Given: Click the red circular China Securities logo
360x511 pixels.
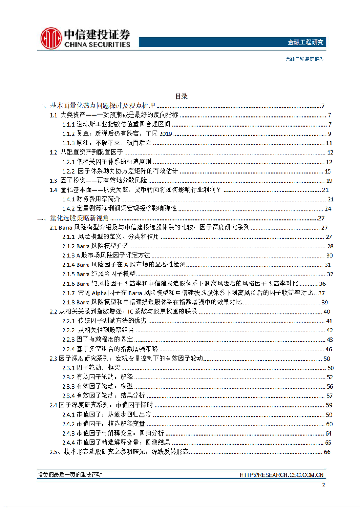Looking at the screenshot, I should point(51,38).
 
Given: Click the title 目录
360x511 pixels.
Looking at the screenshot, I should point(181,96).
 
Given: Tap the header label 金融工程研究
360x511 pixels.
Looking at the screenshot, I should point(305,42).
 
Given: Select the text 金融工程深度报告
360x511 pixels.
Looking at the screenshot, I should point(304,59).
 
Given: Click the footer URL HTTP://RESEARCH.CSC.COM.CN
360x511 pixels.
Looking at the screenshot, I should point(282,475).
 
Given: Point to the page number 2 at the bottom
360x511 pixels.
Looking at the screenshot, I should point(323,485).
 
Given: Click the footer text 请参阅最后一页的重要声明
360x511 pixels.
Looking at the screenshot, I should point(70,475).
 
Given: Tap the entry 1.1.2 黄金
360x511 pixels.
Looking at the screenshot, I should point(117,133).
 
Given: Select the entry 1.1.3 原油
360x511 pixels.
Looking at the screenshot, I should point(107,143).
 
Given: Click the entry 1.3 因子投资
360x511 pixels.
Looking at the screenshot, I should point(98,180).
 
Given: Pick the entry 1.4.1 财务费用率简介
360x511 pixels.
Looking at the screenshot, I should point(91,199).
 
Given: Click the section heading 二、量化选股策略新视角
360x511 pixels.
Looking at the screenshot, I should point(73,218).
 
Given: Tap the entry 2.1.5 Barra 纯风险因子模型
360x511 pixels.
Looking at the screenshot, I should point(99,274).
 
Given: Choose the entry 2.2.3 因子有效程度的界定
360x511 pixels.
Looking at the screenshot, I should point(97,340).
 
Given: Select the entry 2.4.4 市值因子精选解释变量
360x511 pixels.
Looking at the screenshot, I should point(116,442).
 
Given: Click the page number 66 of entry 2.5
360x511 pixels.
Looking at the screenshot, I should point(327,452).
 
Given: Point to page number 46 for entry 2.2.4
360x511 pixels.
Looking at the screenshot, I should point(329,349).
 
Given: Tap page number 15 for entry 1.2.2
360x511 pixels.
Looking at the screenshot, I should point(328,171).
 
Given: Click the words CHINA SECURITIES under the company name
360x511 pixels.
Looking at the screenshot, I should point(97,45).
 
